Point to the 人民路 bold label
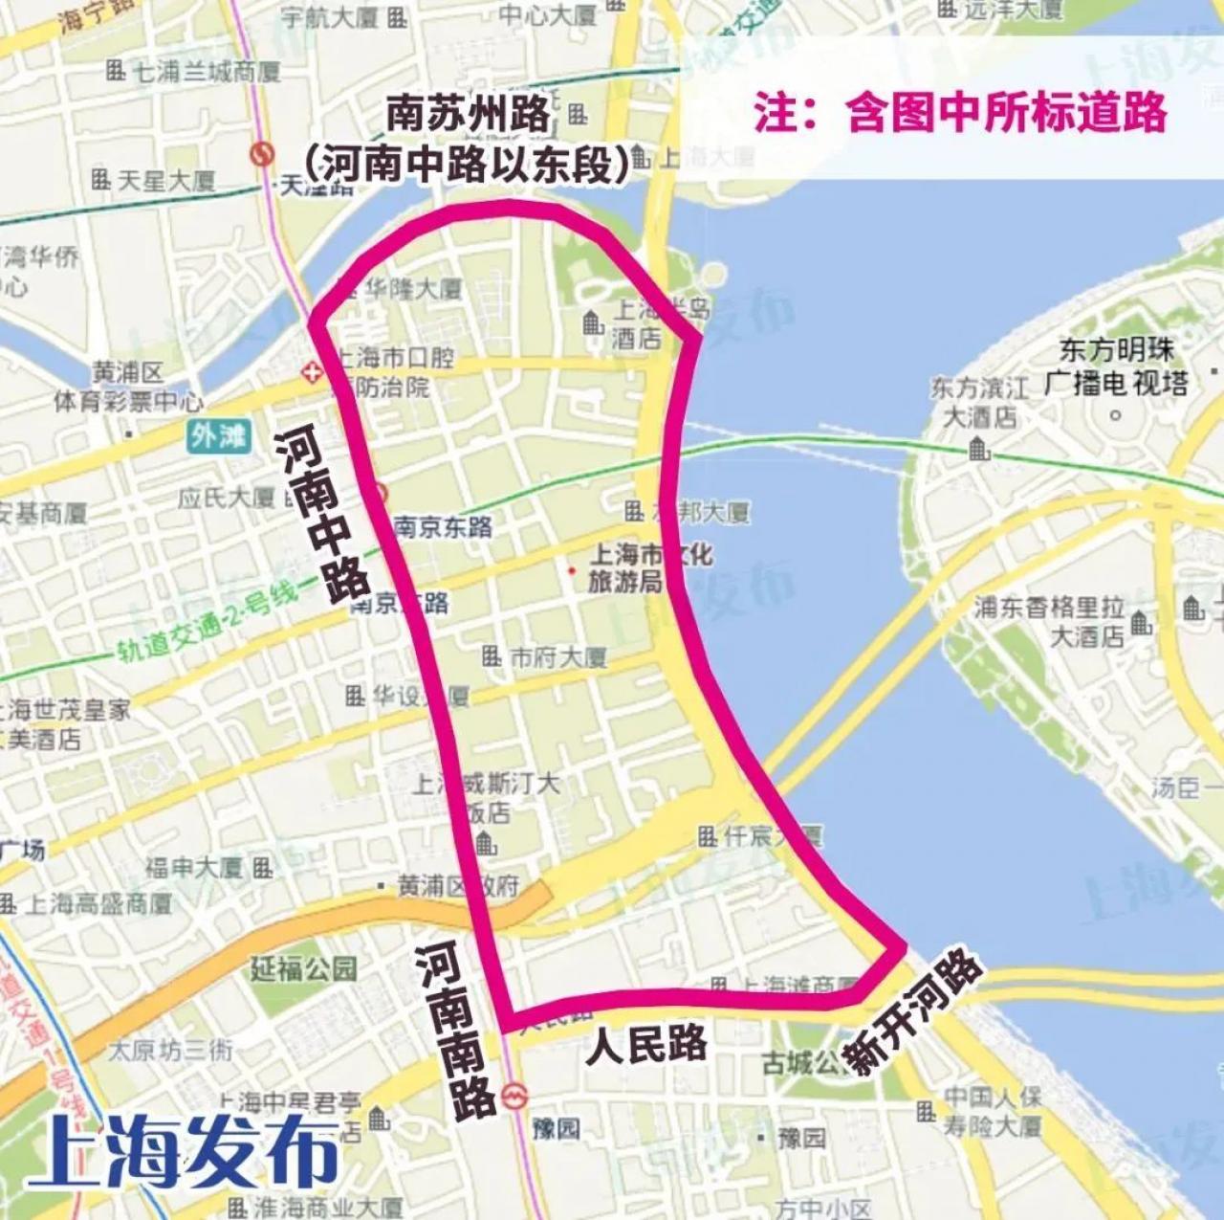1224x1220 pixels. point(647,1044)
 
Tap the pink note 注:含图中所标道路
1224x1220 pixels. point(960,112)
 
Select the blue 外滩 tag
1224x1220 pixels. point(217,436)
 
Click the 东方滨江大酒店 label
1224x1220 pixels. point(979,403)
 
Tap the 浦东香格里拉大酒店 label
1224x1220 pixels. point(1048,621)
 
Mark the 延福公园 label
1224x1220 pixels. point(303,969)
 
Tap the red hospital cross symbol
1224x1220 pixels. point(311,371)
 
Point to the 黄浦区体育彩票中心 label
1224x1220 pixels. point(128,387)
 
